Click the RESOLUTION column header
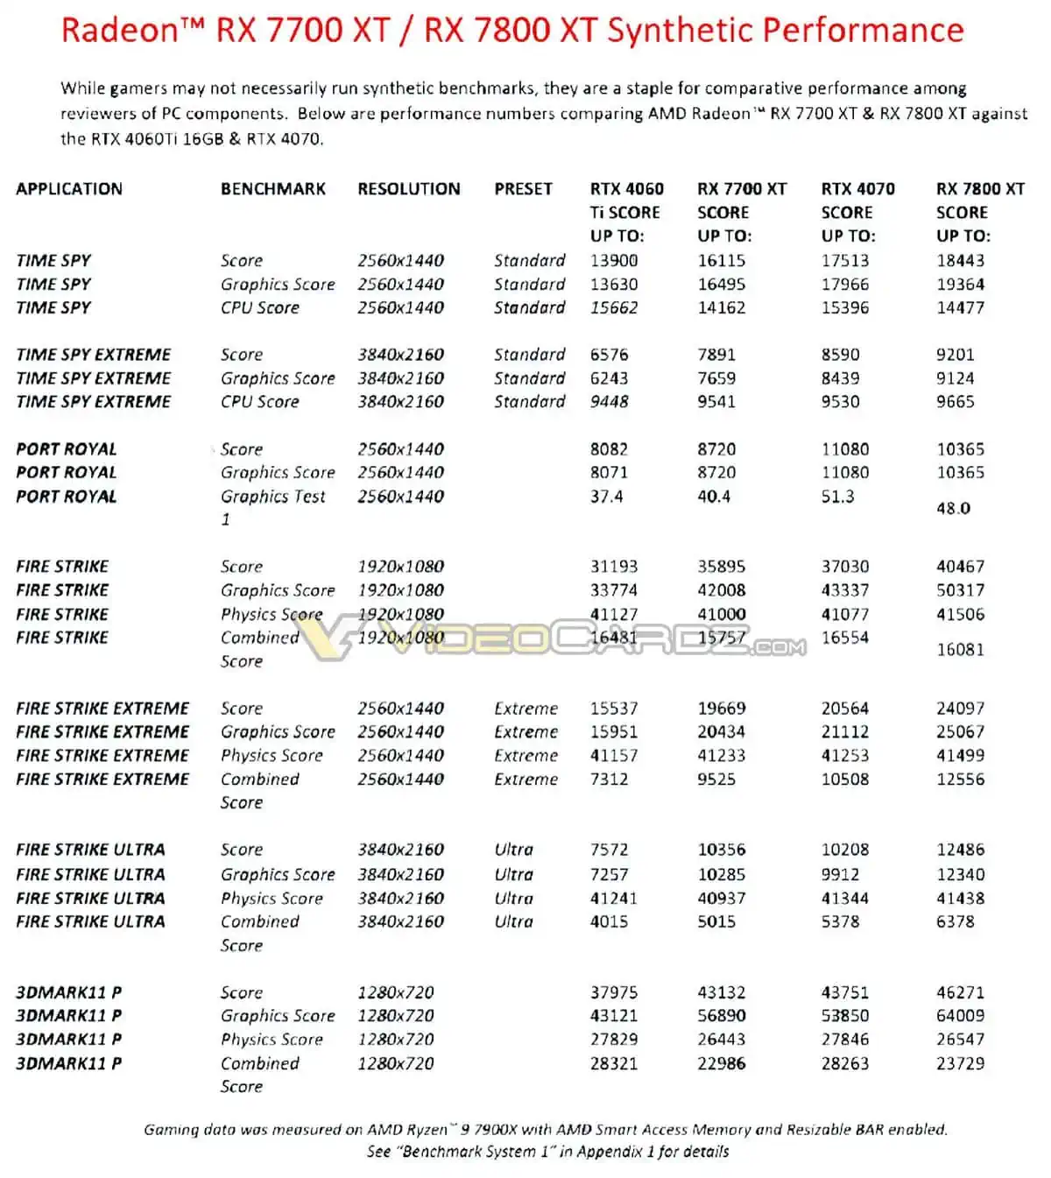pos(408,188)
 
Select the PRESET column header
pos(523,188)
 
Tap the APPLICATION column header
pos(69,188)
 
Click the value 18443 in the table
pos(960,260)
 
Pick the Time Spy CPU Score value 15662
pos(614,307)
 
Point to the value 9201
pos(955,355)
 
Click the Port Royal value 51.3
pos(837,497)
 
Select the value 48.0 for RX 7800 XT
pos(953,508)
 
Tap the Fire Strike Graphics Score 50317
pos(960,590)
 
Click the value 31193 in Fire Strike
pos(614,567)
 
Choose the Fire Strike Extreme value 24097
pos(960,708)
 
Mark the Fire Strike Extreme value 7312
pos(609,779)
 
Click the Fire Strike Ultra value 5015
pos(716,921)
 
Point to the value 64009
pos(960,1016)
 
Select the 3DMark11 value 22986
pos(722,1063)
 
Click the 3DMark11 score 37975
pos(614,992)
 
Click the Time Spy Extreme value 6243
pos(609,378)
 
